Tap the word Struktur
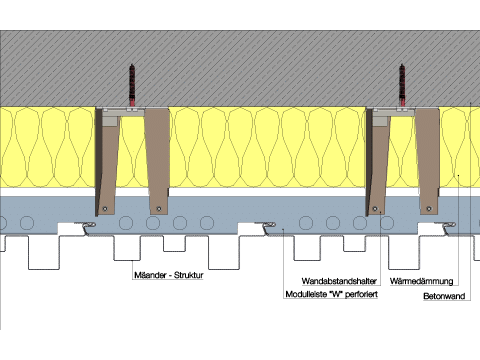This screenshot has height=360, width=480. (x=189, y=275)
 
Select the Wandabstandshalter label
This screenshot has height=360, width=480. (x=339, y=281)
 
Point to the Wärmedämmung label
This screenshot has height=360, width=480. (x=421, y=281)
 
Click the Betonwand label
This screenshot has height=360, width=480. (x=444, y=296)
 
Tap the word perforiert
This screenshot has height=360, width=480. (x=361, y=295)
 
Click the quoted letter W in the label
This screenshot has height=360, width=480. (x=335, y=294)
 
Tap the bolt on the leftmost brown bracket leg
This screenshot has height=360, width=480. (x=105, y=209)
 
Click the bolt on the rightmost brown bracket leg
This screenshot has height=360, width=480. (x=429, y=209)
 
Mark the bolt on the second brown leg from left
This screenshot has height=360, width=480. (x=159, y=209)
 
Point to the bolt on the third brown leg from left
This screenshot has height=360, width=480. (x=375, y=209)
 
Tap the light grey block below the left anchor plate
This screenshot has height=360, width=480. (x=111, y=119)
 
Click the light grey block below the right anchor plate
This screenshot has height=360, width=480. (x=381, y=119)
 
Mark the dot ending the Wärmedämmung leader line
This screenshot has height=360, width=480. (x=458, y=175)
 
